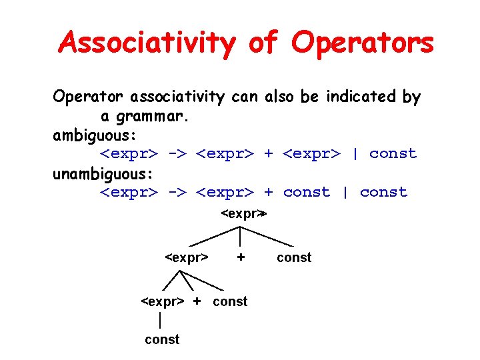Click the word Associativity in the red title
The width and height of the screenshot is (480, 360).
pyautogui.click(x=147, y=43)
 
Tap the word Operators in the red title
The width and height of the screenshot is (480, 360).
pyautogui.click(x=363, y=43)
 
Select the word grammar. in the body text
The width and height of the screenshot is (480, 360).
pyautogui.click(x=153, y=117)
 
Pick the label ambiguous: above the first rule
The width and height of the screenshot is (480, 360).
pyautogui.click(x=95, y=135)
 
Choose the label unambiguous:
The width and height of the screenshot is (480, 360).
pyautogui.click(x=103, y=174)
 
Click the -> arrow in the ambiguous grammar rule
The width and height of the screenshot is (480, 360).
pyautogui.click(x=177, y=154)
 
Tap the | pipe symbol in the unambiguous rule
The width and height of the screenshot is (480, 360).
pyautogui.click(x=345, y=193)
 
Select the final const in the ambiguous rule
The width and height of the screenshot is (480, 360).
pyautogui.click(x=393, y=154)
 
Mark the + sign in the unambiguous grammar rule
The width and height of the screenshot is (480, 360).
pyautogui.click(x=268, y=193)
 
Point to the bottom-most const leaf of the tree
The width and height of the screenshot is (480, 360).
pyautogui.click(x=162, y=340)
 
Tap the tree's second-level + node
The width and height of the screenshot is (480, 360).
pyautogui.click(x=241, y=257)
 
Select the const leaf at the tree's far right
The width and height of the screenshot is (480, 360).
pyautogui.click(x=294, y=257)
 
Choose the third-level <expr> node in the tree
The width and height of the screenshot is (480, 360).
pyautogui.click(x=163, y=301)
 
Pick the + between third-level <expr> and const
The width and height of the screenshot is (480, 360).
pyautogui.click(x=197, y=301)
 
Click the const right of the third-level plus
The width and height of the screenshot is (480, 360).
pyautogui.click(x=230, y=301)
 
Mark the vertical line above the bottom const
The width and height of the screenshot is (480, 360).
pyautogui.click(x=160, y=320)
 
